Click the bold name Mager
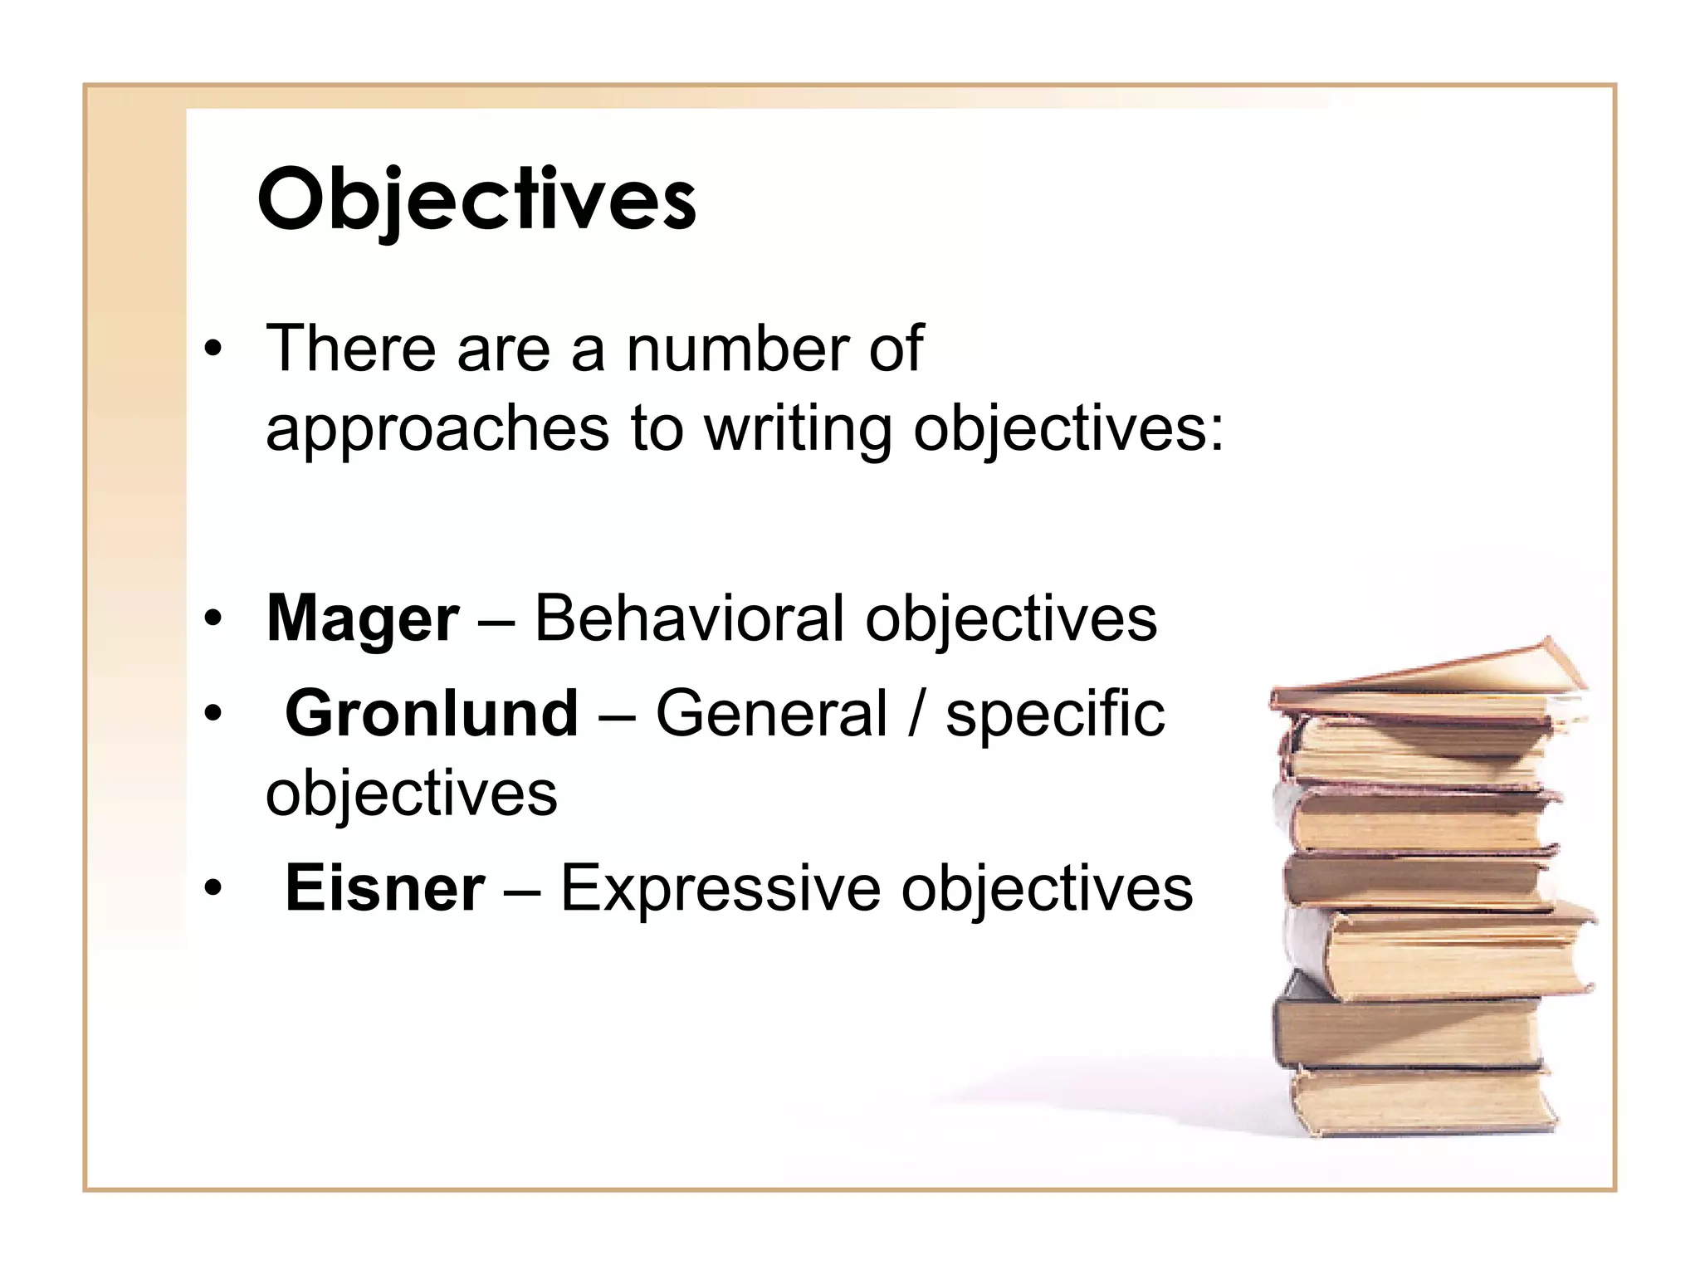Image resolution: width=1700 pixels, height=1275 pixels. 362,619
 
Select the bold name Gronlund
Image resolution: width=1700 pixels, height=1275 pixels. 432,714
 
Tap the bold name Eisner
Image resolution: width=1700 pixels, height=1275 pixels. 385,888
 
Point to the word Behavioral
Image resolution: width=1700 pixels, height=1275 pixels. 689,619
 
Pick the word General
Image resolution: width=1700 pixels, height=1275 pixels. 772,714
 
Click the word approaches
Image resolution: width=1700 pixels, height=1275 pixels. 437,430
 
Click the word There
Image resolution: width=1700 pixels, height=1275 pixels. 350,349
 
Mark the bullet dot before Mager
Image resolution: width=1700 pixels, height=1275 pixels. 213,618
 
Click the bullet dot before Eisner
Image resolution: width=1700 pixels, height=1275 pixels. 213,888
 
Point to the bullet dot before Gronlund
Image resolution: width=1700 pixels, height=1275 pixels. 213,713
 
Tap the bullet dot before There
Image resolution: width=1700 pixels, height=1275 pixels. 213,349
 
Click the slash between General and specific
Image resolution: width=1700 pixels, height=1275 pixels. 916,714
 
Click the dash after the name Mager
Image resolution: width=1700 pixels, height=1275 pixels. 496,621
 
